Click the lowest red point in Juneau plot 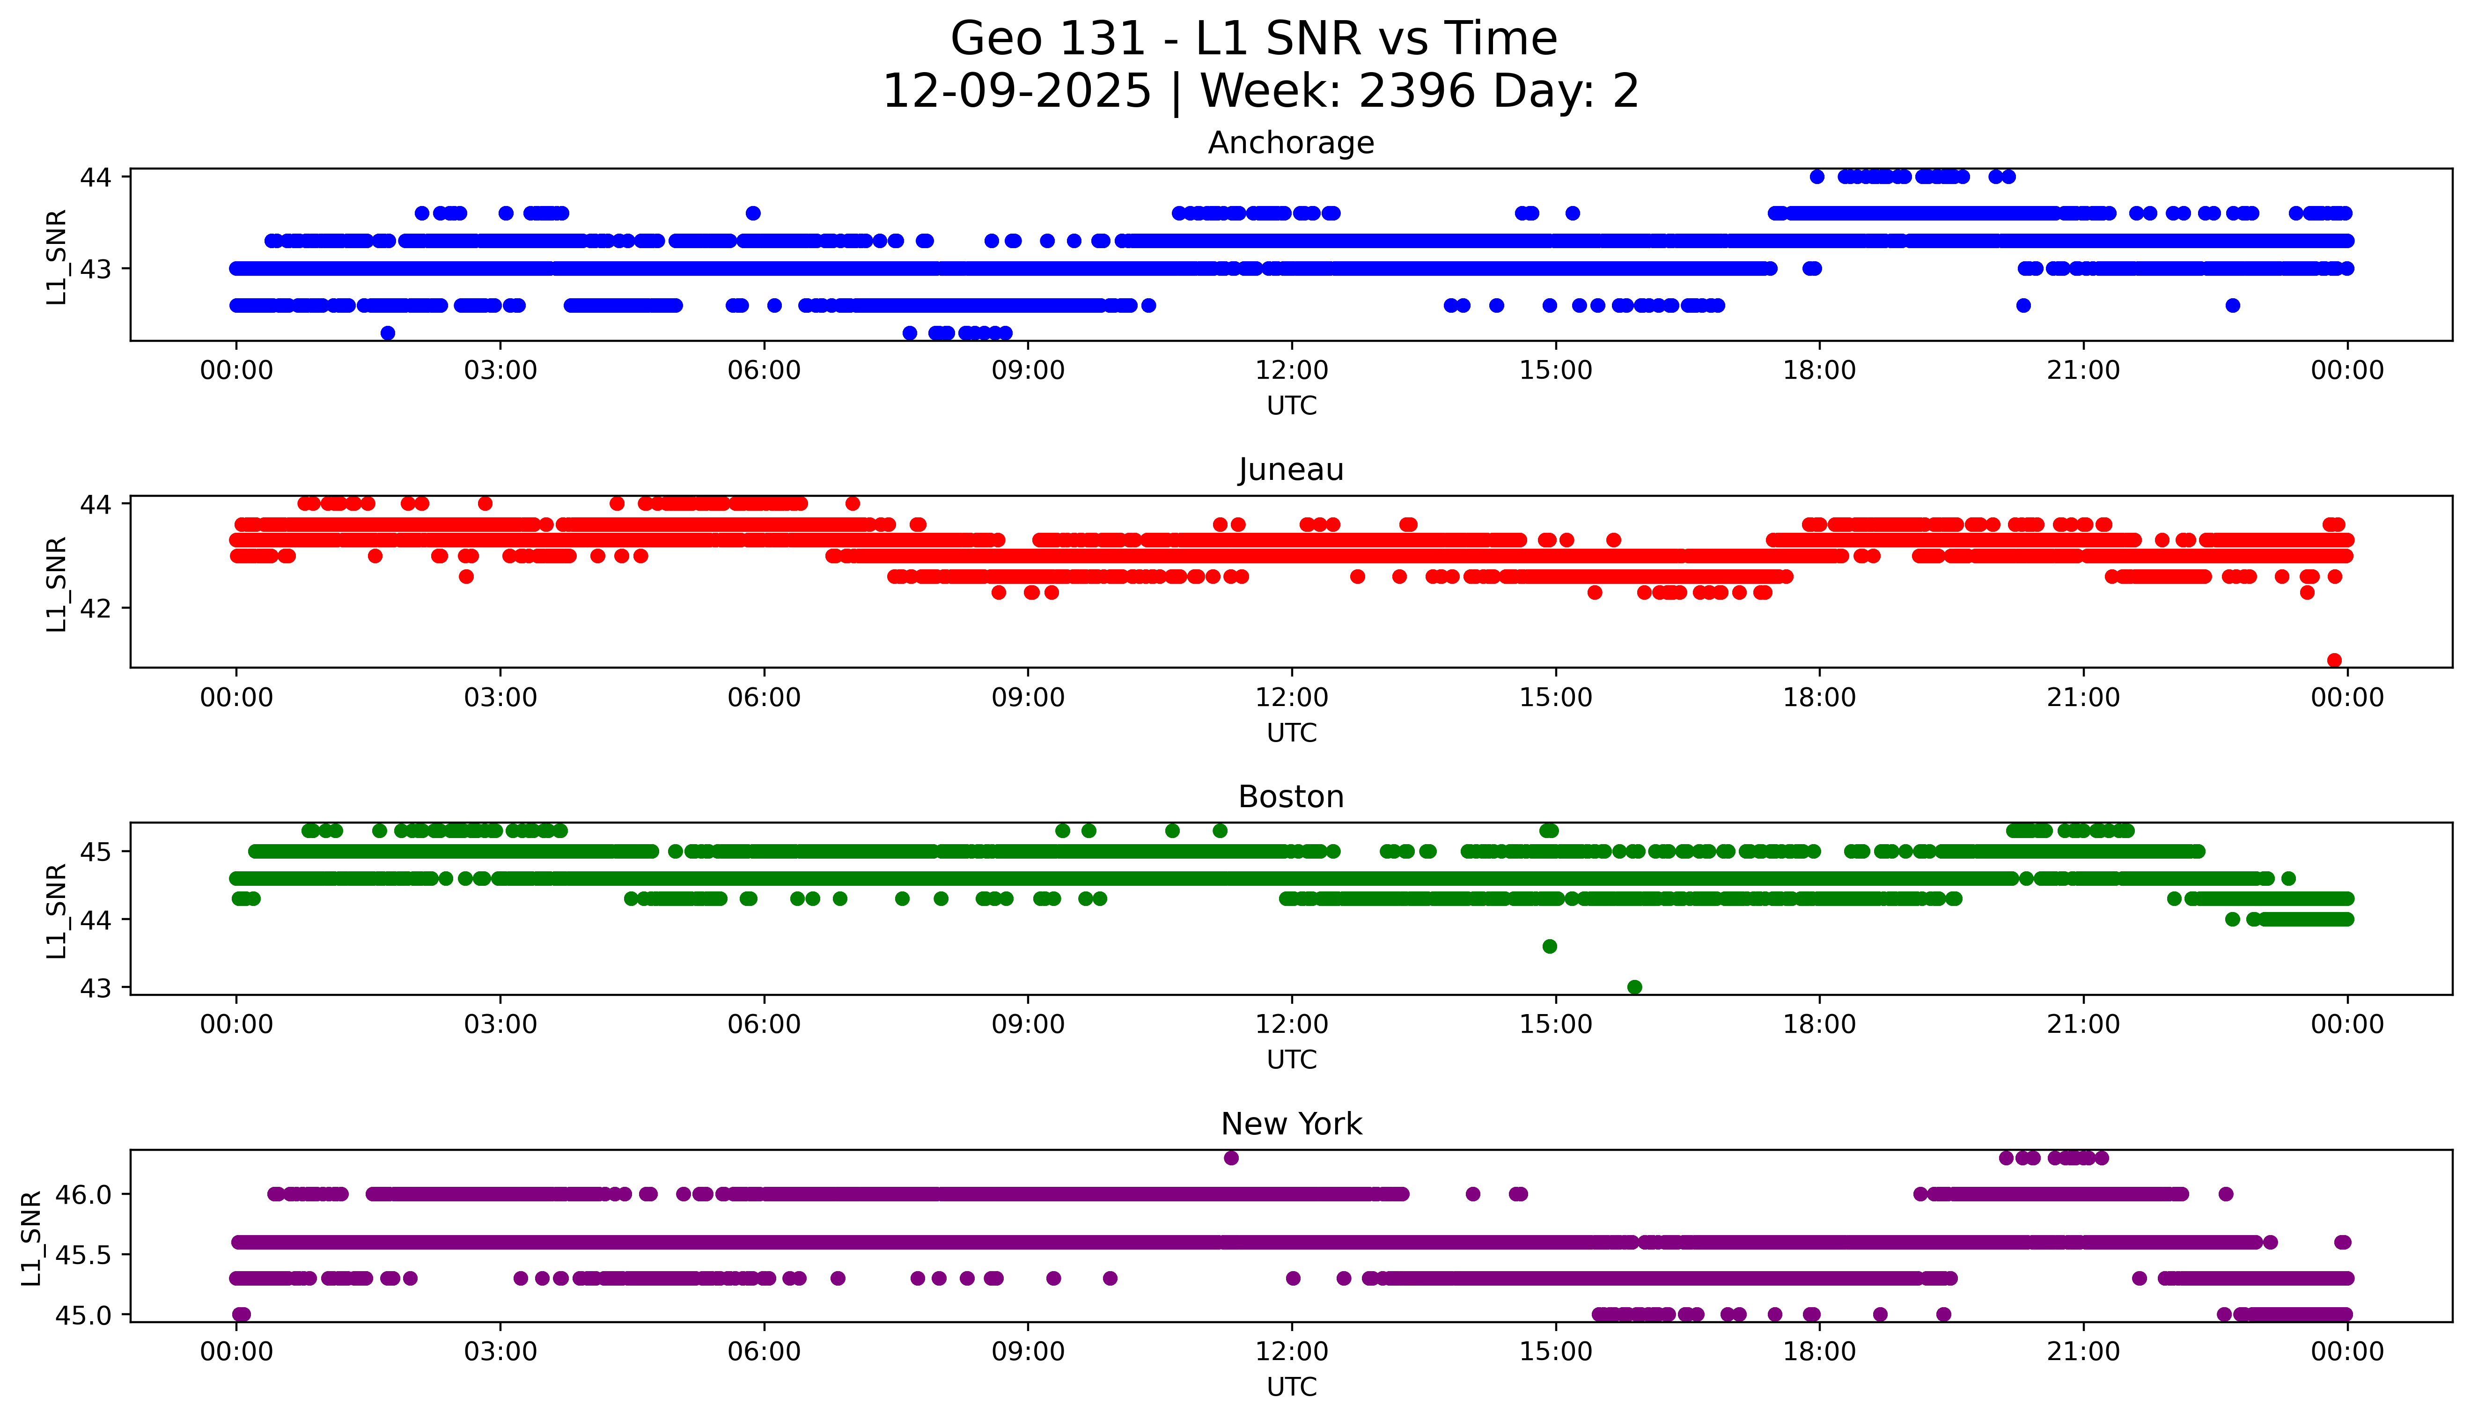coord(2333,660)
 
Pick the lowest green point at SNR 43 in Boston coord(1634,987)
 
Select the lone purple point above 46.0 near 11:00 coord(1231,1158)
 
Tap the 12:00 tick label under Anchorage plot coord(1291,371)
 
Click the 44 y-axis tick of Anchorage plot coord(96,177)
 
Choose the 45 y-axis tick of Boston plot coord(96,852)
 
